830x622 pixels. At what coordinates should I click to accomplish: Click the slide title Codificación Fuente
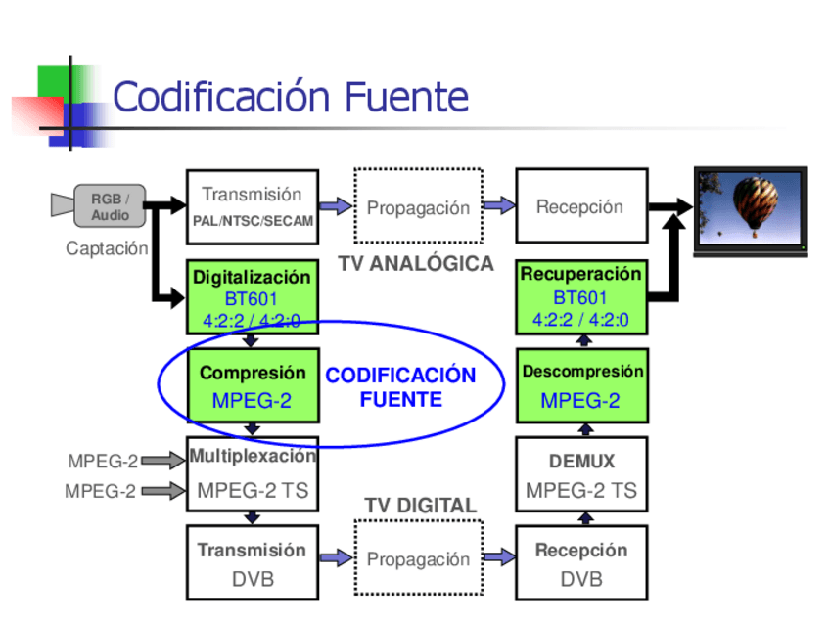291,98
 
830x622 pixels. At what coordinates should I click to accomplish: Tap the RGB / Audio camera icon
99,205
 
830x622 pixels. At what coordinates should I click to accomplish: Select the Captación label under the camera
106,248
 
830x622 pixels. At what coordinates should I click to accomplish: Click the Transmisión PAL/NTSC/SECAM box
252,206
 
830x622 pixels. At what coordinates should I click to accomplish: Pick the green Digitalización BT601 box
252,297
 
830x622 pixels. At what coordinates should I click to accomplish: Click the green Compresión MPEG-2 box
252,385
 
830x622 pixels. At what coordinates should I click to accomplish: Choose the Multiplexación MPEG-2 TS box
252,473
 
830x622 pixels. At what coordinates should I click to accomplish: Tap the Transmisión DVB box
252,563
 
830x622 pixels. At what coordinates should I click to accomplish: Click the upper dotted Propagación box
418,206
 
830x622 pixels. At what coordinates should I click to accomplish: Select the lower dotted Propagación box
418,558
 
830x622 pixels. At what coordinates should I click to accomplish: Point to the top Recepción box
580,206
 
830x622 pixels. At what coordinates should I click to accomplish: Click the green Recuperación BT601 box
580,296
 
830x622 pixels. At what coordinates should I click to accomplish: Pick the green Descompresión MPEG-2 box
581,385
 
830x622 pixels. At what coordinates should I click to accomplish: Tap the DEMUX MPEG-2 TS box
581,475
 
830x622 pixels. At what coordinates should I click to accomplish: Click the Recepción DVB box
580,563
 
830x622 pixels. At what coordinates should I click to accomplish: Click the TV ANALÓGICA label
416,264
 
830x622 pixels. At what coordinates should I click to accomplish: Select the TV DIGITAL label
421,506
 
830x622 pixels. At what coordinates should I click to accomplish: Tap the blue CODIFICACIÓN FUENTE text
400,387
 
